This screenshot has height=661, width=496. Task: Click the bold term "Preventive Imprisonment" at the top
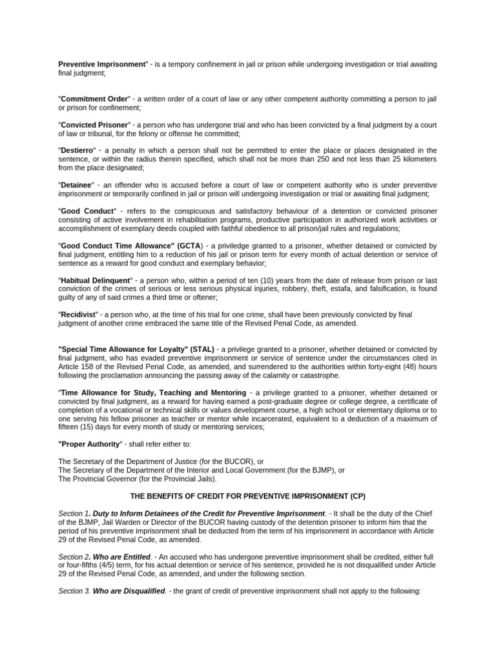point(103,65)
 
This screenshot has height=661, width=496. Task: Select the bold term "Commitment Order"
point(94,99)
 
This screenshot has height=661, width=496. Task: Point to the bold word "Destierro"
point(77,150)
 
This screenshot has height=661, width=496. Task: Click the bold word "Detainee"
point(76,185)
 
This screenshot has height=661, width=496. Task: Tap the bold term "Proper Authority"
point(90,443)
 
